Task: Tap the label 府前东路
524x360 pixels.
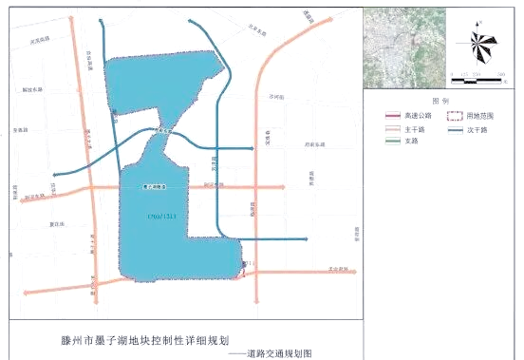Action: click(314, 144)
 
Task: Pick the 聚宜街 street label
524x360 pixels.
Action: click(56, 224)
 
